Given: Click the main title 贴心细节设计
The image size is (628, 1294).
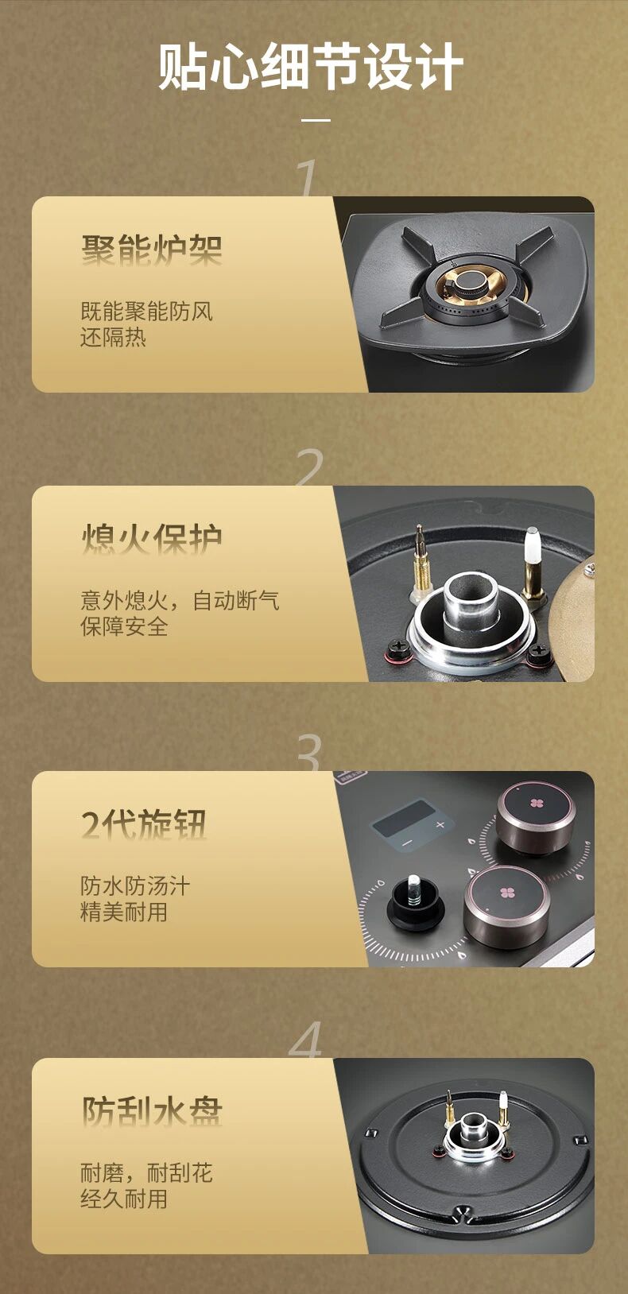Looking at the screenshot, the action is click(311, 67).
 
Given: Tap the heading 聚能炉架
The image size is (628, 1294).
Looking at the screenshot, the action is click(151, 250).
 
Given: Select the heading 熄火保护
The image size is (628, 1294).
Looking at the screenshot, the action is click(151, 539).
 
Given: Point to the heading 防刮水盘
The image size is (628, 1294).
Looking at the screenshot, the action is click(151, 1111).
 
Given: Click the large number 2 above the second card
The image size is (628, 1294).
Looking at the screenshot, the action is click(309, 467).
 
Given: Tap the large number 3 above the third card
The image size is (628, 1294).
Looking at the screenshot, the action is click(309, 753).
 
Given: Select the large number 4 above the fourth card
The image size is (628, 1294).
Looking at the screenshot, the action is click(305, 1040).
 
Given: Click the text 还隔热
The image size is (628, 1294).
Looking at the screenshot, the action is click(113, 337).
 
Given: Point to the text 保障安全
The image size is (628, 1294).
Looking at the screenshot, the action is click(124, 626).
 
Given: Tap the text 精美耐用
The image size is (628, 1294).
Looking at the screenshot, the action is click(124, 912).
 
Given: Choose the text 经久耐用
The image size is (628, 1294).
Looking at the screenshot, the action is click(124, 1199).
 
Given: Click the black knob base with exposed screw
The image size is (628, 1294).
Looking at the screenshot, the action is click(414, 902).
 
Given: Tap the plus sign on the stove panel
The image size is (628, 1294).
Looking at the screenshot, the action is click(440, 824).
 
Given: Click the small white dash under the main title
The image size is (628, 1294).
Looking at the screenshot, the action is click(316, 120).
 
